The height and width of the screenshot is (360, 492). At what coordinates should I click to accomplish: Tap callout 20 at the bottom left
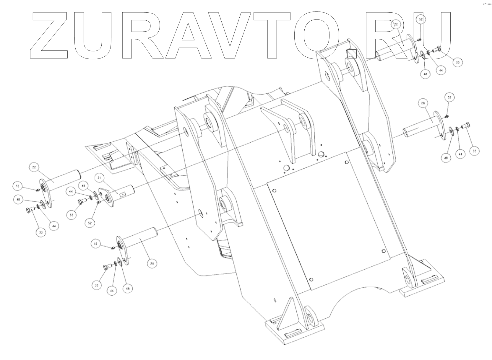(152, 263)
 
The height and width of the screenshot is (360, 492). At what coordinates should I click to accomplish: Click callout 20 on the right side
(423, 103)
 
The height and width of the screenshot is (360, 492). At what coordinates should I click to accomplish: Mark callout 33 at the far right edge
(475, 151)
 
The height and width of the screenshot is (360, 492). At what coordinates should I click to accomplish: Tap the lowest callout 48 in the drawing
(128, 289)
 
